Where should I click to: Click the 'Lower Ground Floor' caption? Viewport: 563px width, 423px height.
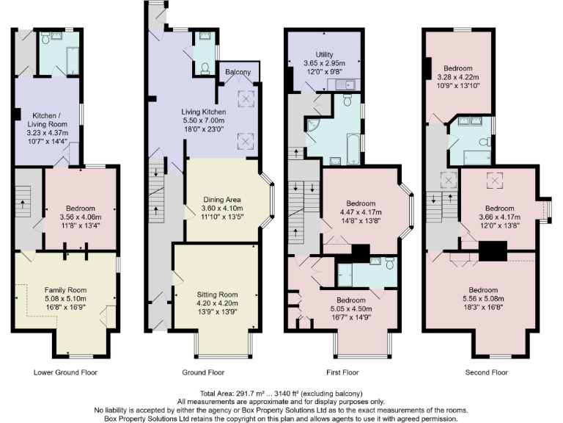pos(65,372)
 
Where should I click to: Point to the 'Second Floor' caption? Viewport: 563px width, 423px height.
pos(486,372)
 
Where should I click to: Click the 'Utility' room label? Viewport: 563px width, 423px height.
pos(324,54)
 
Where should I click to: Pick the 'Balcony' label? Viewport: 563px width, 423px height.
pos(238,72)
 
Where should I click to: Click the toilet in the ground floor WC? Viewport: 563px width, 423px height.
pos(205,70)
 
